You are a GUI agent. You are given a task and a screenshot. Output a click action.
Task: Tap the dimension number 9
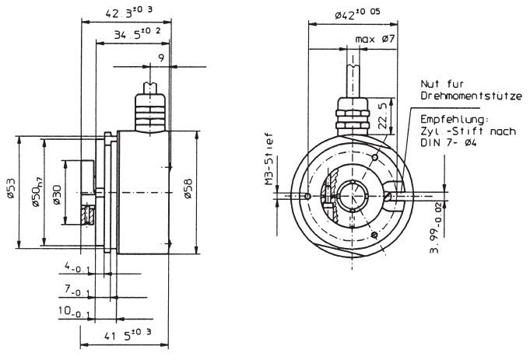tap(160, 58)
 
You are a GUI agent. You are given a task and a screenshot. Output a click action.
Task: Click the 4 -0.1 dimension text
tap(79, 268)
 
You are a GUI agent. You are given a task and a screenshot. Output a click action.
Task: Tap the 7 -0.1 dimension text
tap(79, 292)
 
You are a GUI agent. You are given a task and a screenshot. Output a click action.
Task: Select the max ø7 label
tap(377, 38)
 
